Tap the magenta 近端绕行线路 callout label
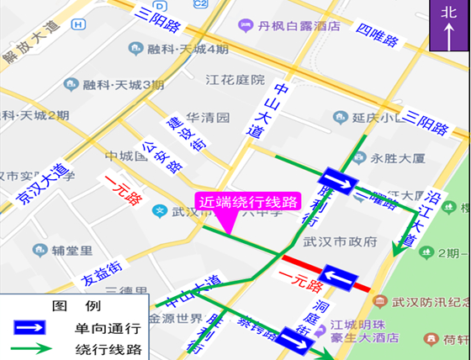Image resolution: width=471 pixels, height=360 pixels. tap(248, 202)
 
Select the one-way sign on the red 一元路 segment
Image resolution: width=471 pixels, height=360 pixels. tap(341, 278)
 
